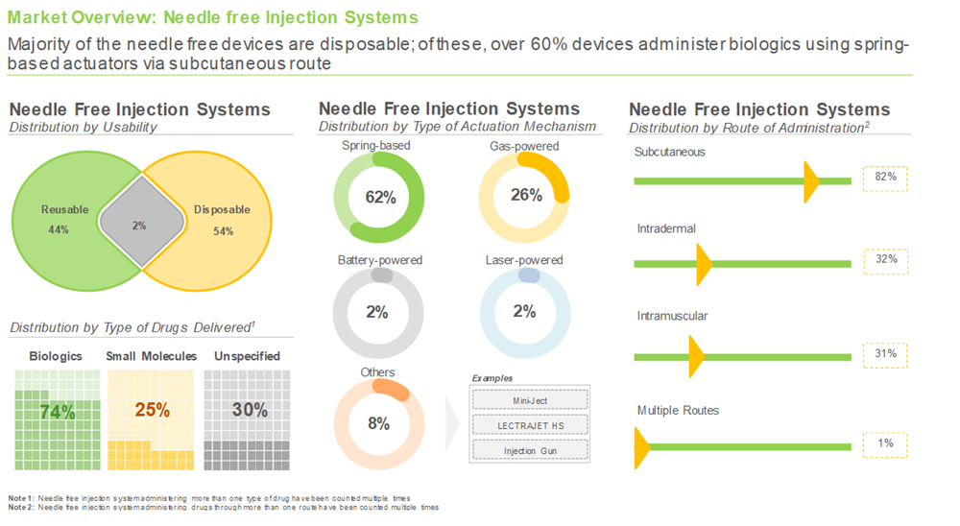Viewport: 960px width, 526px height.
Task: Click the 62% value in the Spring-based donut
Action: pos(380,198)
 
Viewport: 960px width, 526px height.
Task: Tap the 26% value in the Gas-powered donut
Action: pos(524,195)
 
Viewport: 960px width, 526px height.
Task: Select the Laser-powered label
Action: pos(524,260)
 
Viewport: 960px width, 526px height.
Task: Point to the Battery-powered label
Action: pos(380,260)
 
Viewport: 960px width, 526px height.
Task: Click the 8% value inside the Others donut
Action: pos(378,423)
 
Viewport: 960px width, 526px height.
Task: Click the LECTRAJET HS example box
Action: pos(530,424)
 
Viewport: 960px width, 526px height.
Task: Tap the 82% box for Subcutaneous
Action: pos(885,178)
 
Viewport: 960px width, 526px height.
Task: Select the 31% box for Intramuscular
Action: pos(885,354)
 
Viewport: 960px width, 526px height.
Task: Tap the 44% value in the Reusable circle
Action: pos(60,230)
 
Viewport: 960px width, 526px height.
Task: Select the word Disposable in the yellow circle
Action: pos(222,209)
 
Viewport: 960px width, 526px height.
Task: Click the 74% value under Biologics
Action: pos(57,411)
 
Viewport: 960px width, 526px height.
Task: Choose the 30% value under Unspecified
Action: pos(250,410)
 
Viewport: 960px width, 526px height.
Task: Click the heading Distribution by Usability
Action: pos(84,128)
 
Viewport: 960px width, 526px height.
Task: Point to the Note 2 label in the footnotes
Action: pos(20,507)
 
